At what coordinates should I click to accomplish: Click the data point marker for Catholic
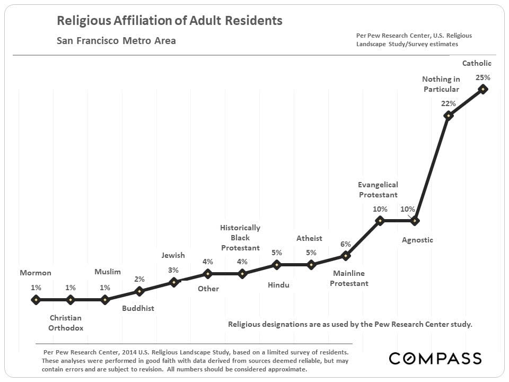(x=483, y=89)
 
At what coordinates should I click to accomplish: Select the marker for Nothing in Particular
(x=449, y=115)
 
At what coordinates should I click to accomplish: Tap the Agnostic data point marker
(x=415, y=220)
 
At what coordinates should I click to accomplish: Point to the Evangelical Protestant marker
(x=380, y=220)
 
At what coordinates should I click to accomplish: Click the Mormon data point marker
(x=36, y=299)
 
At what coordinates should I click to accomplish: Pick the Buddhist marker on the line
(x=139, y=291)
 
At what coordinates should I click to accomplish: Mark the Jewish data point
(x=173, y=282)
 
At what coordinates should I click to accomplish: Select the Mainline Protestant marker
(x=346, y=256)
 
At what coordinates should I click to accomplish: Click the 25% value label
(x=483, y=77)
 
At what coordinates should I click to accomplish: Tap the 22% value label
(x=449, y=103)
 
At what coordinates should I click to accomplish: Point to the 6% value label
(x=346, y=244)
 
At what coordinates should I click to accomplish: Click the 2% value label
(x=139, y=279)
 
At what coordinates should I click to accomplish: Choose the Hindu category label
(x=278, y=285)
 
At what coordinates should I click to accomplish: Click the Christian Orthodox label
(x=66, y=323)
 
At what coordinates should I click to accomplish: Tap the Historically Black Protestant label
(x=240, y=238)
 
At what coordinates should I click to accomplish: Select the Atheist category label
(x=309, y=238)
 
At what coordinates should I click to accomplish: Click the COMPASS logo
(x=435, y=358)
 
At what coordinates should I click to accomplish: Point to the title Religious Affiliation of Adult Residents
(x=169, y=21)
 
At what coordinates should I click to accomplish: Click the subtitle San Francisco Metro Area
(x=116, y=40)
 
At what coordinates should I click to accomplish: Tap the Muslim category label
(x=108, y=272)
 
